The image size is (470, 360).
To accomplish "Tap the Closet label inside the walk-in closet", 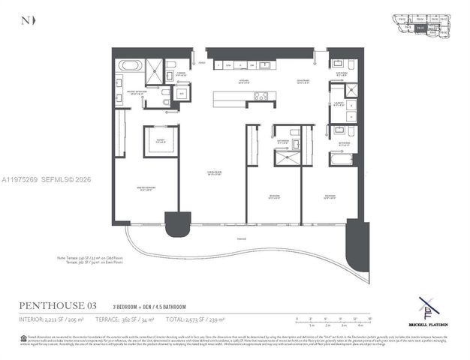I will (161, 140).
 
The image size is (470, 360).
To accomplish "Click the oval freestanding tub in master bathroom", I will (129, 65).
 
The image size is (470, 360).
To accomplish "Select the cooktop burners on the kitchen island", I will (260, 96).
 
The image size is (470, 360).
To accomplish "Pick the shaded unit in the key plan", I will (421, 28).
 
